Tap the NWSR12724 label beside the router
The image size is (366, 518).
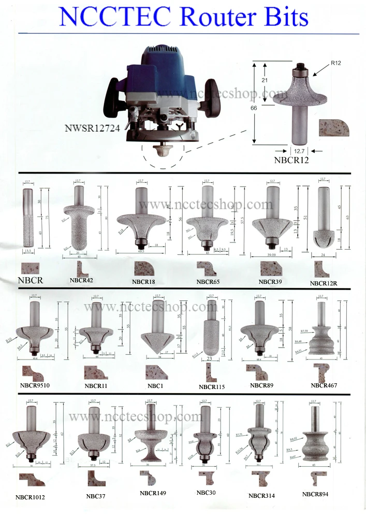(93, 128)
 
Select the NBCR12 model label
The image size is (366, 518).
(291, 160)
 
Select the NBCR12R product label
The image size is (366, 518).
(326, 283)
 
